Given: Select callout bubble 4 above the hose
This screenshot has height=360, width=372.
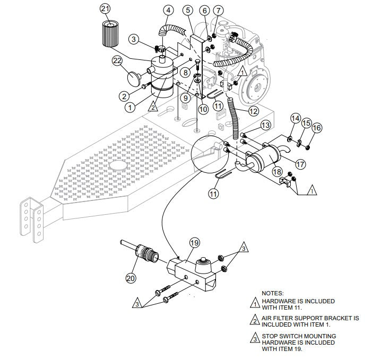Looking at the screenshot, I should (x=168, y=10).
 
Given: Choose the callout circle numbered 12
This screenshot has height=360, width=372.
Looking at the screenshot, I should (x=253, y=111).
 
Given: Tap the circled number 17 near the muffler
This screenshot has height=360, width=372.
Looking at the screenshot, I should (x=300, y=164).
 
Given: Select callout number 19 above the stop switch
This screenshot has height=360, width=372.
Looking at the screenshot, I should (x=194, y=243).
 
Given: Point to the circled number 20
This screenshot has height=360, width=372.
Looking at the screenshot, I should (x=131, y=277).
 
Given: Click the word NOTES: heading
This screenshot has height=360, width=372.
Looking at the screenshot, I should (x=273, y=293).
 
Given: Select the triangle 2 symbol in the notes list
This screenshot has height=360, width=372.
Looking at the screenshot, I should (x=255, y=319).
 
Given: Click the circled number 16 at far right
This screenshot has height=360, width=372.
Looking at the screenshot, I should (x=317, y=128).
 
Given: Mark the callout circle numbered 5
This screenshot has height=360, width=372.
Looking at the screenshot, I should (x=187, y=10).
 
